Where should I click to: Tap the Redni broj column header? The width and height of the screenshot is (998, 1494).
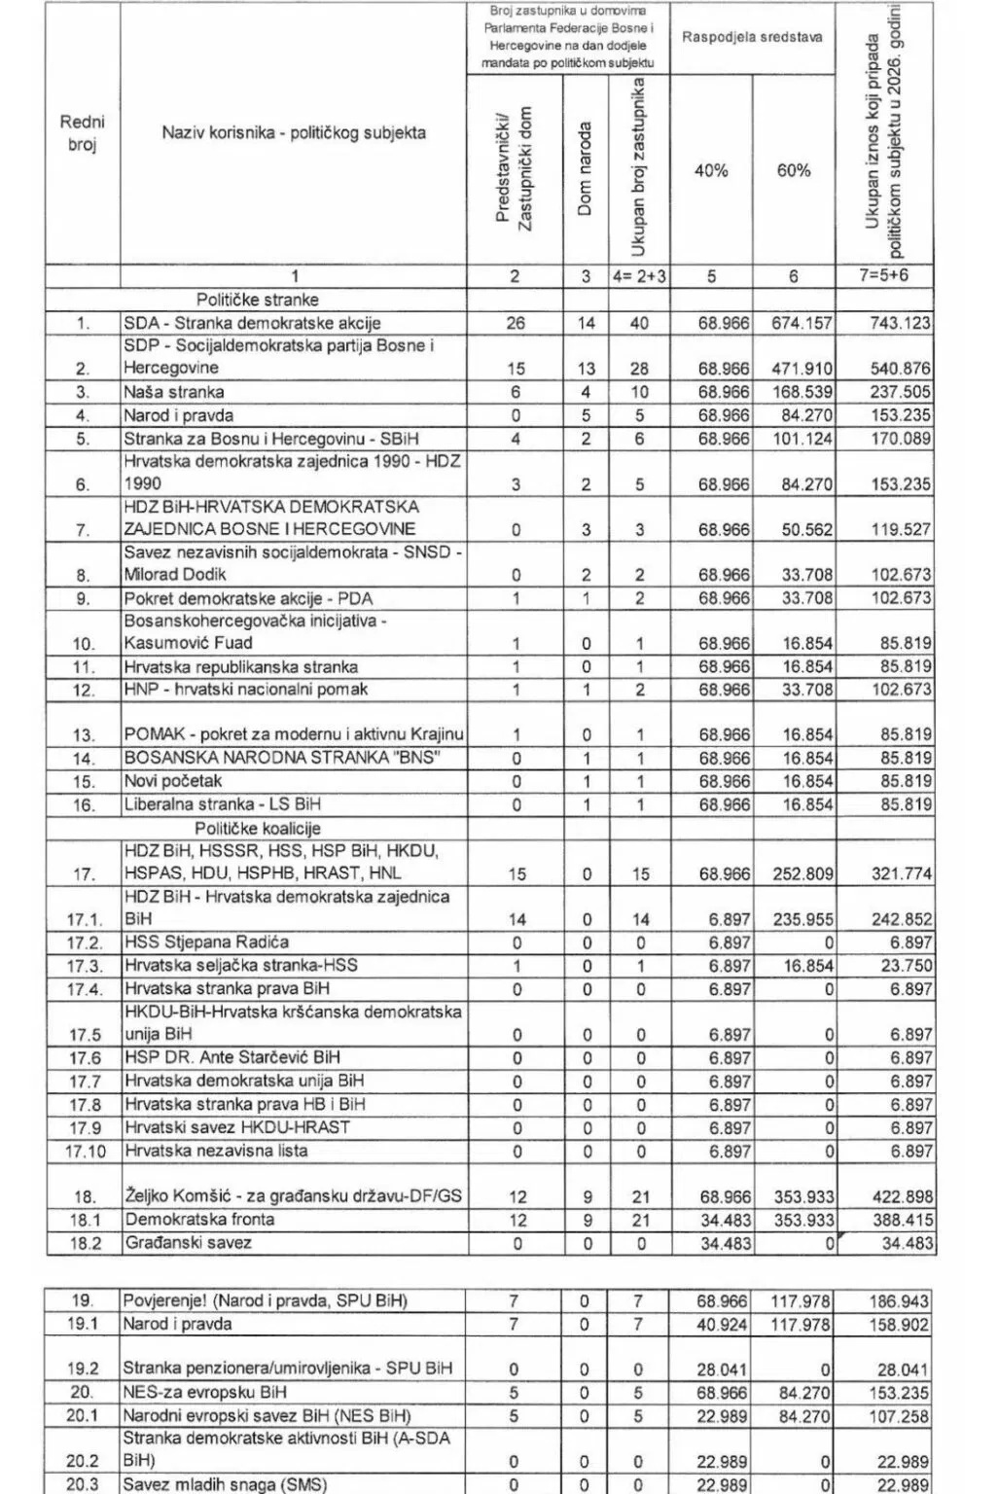[83, 133]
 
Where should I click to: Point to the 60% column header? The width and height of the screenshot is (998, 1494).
[794, 170]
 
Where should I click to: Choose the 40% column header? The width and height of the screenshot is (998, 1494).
[711, 170]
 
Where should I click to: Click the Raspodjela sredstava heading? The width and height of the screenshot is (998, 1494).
[752, 38]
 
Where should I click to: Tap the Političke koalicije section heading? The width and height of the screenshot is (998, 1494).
[257, 828]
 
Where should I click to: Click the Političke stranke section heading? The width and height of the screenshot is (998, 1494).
[257, 300]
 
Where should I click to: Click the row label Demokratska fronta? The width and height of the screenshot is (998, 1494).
[199, 1219]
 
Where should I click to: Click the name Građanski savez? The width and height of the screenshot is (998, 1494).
[188, 1243]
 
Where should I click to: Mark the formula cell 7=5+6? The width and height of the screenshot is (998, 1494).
[885, 276]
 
